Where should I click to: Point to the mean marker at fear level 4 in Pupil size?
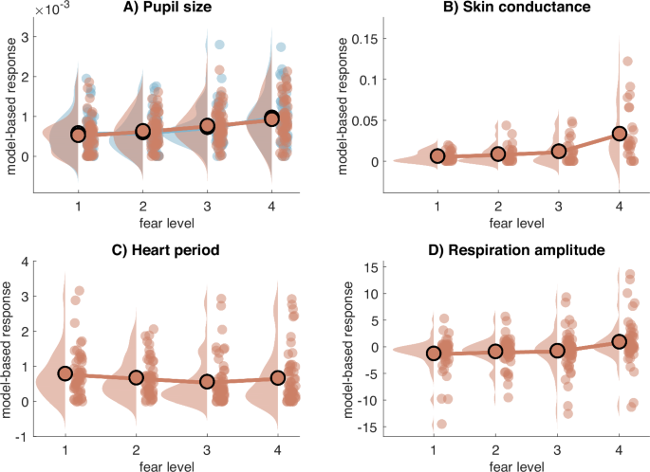(x=272, y=118)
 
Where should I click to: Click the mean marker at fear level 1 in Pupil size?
(x=78, y=135)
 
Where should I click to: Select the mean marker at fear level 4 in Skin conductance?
(x=620, y=134)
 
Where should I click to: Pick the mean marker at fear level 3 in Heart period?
(x=207, y=382)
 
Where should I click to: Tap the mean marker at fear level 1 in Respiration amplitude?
(x=435, y=354)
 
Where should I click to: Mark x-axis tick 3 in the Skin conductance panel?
(x=558, y=206)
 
